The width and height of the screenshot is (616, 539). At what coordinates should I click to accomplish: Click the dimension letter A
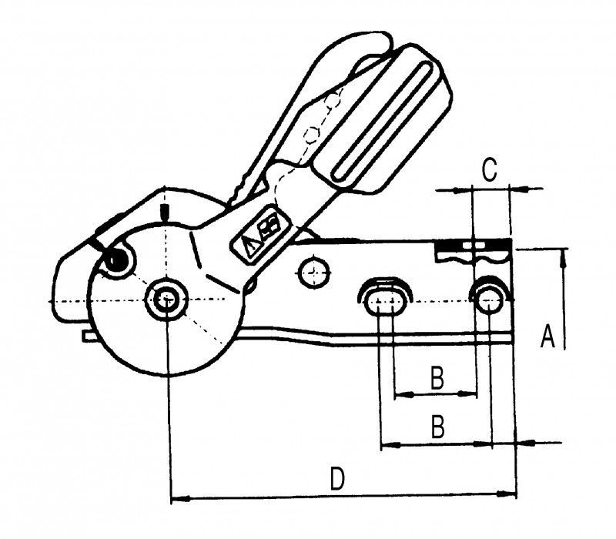click(x=547, y=336)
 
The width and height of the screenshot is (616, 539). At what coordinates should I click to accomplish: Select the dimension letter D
click(x=337, y=480)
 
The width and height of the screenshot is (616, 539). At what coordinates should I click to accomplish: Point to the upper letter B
click(x=436, y=378)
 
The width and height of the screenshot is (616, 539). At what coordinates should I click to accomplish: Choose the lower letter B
click(x=437, y=427)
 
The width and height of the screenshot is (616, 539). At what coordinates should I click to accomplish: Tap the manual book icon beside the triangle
click(x=269, y=227)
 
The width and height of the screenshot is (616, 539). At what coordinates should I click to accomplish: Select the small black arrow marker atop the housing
click(x=164, y=211)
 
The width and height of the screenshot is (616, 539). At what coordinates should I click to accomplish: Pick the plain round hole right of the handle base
click(x=313, y=273)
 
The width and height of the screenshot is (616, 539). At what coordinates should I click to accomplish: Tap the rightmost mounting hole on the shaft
click(x=490, y=299)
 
